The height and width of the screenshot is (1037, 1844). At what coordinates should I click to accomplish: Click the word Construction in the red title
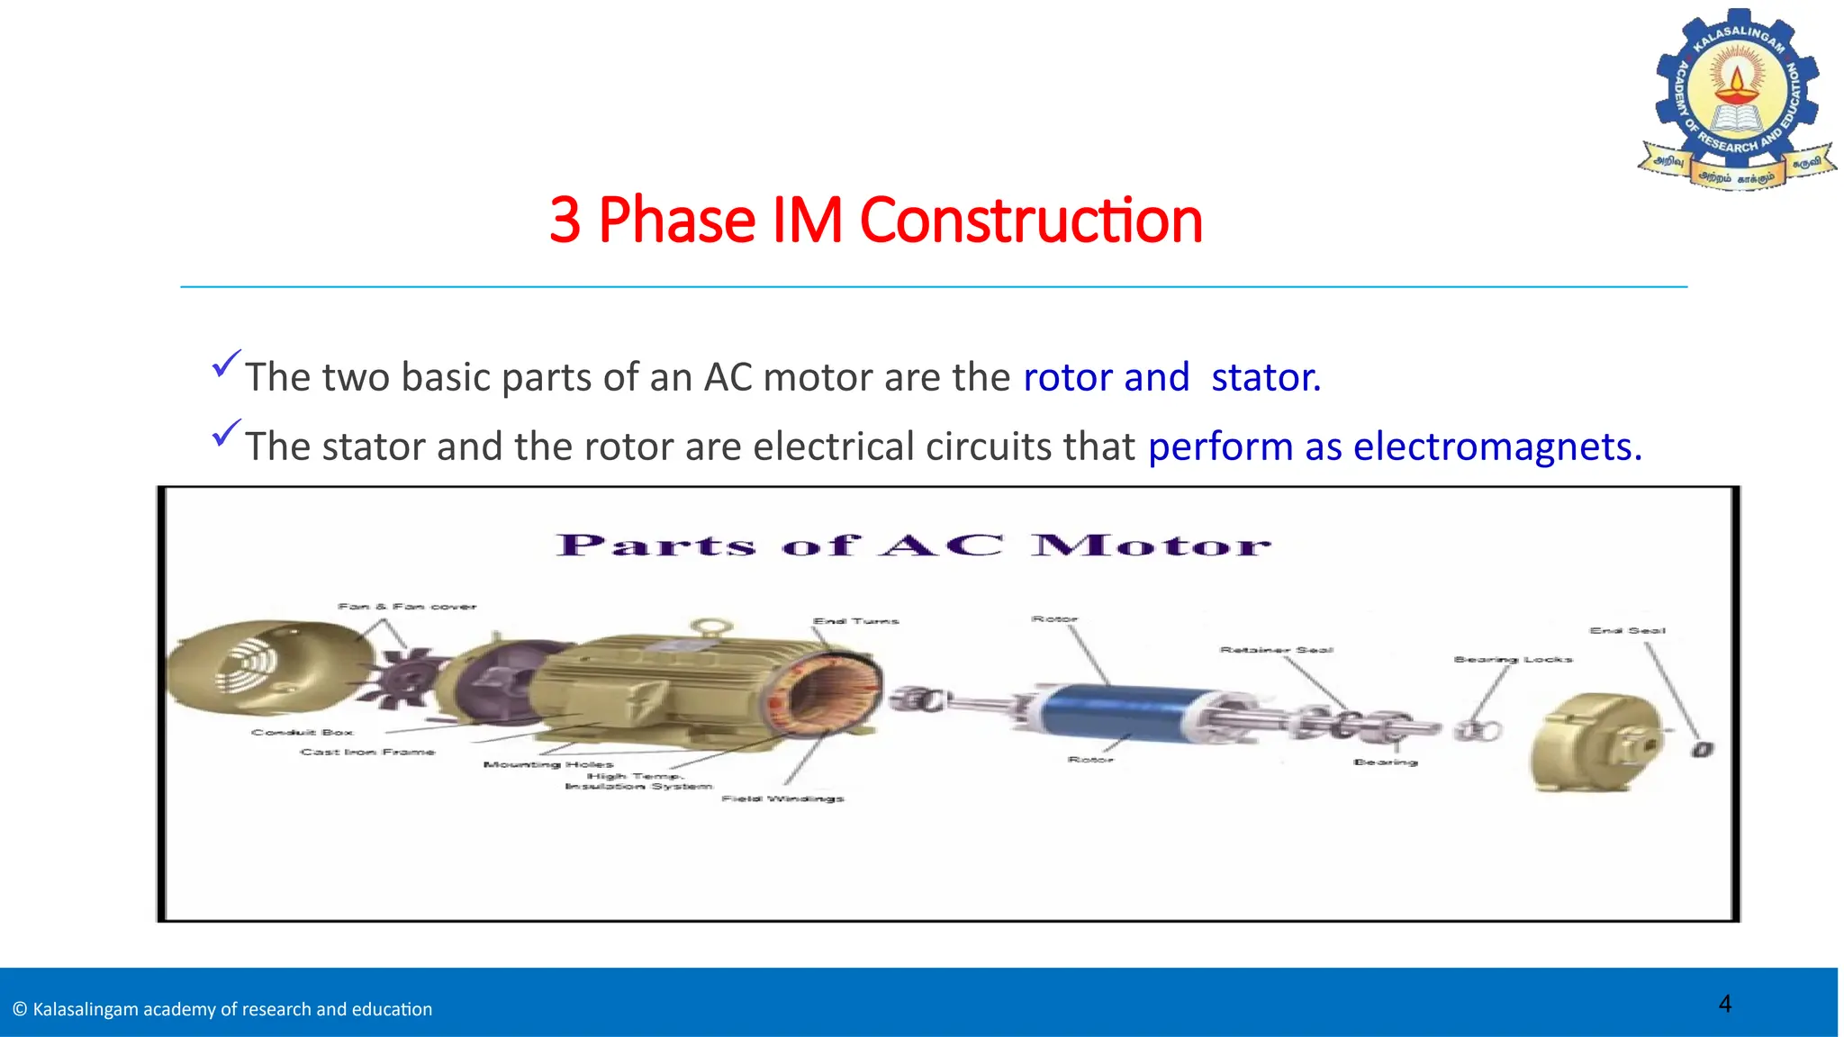pyautogui.click(x=1030, y=221)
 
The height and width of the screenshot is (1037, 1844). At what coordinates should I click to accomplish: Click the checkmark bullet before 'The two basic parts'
pyautogui.click(x=226, y=364)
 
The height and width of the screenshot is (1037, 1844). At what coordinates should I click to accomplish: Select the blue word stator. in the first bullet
pyautogui.click(x=1265, y=377)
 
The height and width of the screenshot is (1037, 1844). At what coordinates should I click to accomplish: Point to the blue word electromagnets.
pyautogui.click(x=1497, y=446)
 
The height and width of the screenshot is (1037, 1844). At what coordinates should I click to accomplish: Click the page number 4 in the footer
pyautogui.click(x=1724, y=1004)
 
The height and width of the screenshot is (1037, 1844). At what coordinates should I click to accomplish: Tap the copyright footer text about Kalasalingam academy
pyautogui.click(x=222, y=1009)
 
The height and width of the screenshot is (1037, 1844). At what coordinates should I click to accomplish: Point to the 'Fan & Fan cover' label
pyautogui.click(x=407, y=606)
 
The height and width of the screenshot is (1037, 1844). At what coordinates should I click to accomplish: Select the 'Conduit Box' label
pyautogui.click(x=303, y=732)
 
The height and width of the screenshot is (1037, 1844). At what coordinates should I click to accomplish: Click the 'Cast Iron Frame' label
pyautogui.click(x=367, y=752)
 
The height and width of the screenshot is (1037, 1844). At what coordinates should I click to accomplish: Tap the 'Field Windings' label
pyautogui.click(x=782, y=798)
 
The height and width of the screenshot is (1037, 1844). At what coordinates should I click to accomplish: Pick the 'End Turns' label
pyautogui.click(x=855, y=621)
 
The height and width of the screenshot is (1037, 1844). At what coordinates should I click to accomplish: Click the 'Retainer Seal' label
pyautogui.click(x=1276, y=649)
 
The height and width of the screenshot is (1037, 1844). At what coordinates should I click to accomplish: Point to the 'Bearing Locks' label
pyautogui.click(x=1513, y=659)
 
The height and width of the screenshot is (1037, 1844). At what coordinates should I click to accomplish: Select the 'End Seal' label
pyautogui.click(x=1627, y=630)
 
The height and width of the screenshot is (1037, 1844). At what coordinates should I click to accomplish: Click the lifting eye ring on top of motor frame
pyautogui.click(x=710, y=627)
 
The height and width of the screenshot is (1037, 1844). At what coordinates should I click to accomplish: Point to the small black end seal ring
pyautogui.click(x=1701, y=749)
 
